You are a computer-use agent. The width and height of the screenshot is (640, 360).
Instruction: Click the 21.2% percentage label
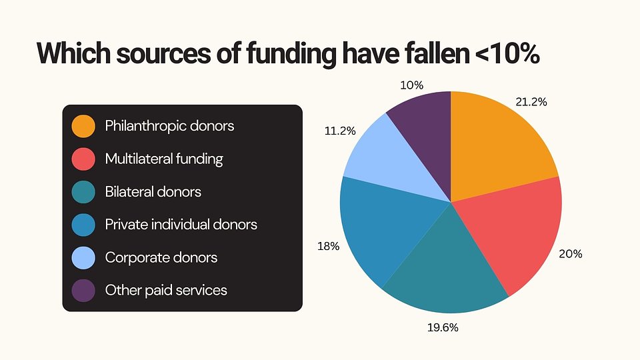tap(531, 102)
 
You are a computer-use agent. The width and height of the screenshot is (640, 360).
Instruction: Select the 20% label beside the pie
tap(571, 254)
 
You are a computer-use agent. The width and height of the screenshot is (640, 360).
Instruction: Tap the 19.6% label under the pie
tap(443, 327)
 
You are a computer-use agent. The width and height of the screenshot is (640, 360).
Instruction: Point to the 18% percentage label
tap(329, 246)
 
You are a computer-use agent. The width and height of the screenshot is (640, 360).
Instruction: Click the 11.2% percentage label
tap(339, 131)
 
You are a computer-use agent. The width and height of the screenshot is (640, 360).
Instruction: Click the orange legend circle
tap(83, 126)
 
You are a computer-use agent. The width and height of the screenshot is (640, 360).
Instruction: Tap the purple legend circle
tap(83, 291)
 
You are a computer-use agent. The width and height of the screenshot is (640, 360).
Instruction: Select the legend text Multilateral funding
tap(164, 159)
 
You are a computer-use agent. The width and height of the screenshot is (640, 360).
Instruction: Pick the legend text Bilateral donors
tap(153, 192)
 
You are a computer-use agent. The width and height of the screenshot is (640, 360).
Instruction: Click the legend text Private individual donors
tap(181, 225)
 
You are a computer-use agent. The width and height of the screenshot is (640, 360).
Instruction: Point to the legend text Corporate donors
tap(161, 257)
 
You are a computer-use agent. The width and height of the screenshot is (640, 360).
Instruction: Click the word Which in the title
tap(73, 53)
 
